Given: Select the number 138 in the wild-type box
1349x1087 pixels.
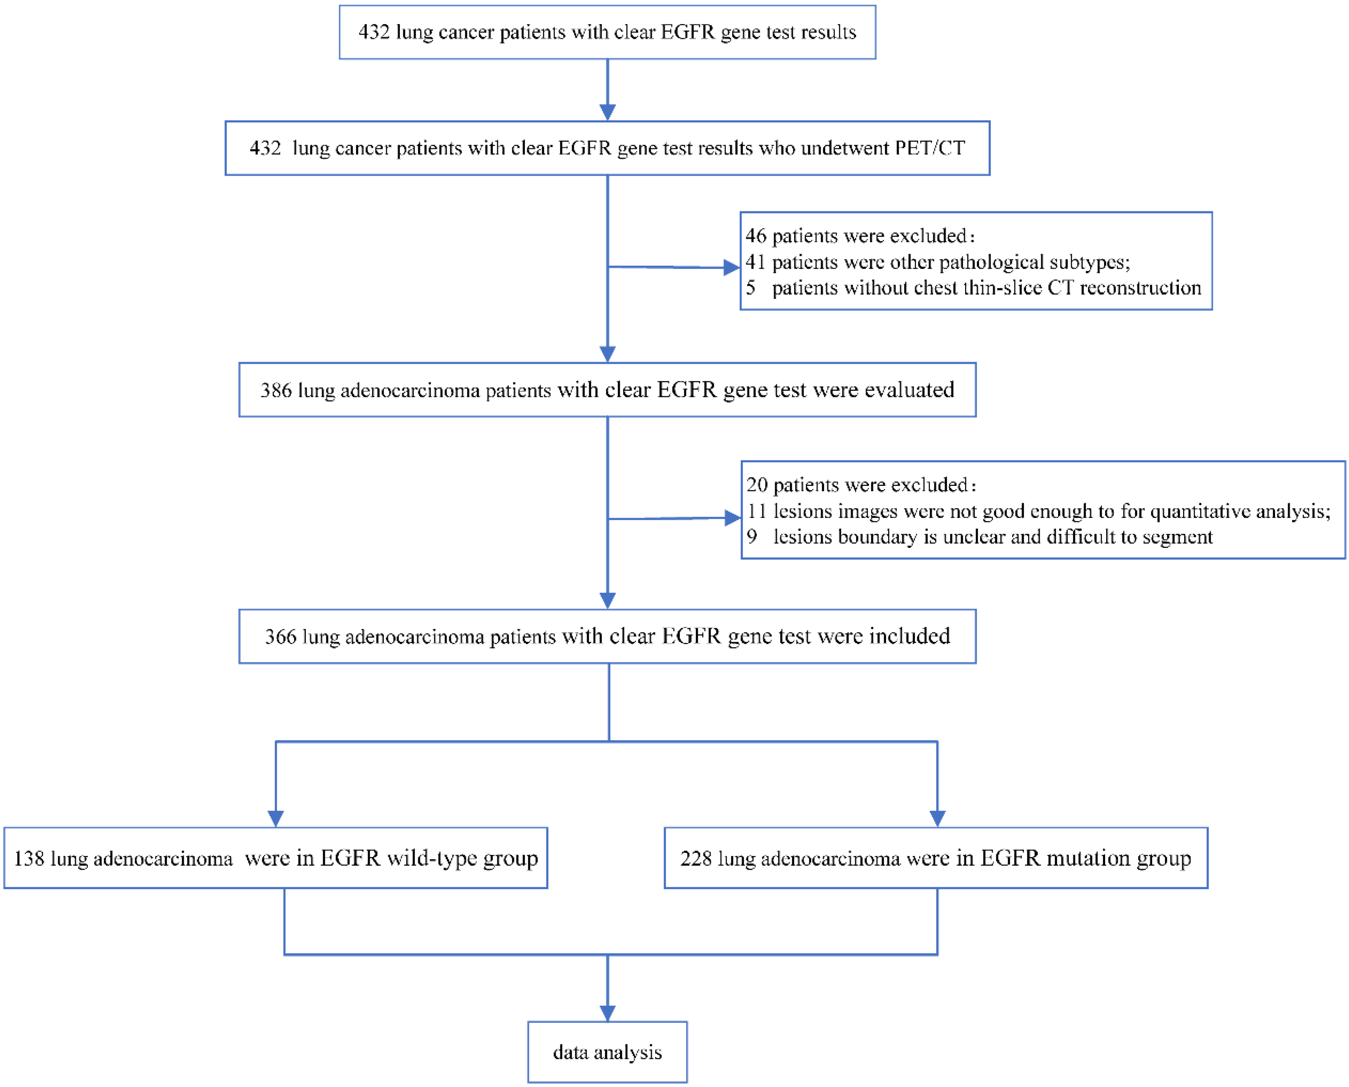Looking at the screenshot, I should [x=29, y=858].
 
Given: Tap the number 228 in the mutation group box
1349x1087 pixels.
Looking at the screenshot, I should [x=696, y=858].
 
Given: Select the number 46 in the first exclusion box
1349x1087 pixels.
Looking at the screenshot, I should [x=756, y=236].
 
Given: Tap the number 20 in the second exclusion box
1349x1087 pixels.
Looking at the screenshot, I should [x=757, y=485].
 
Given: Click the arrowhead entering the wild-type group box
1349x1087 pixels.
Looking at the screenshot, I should [x=276, y=818].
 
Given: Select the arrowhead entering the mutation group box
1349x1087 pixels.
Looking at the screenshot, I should [x=937, y=818].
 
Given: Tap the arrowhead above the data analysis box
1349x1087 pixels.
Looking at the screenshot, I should [x=607, y=1013].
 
